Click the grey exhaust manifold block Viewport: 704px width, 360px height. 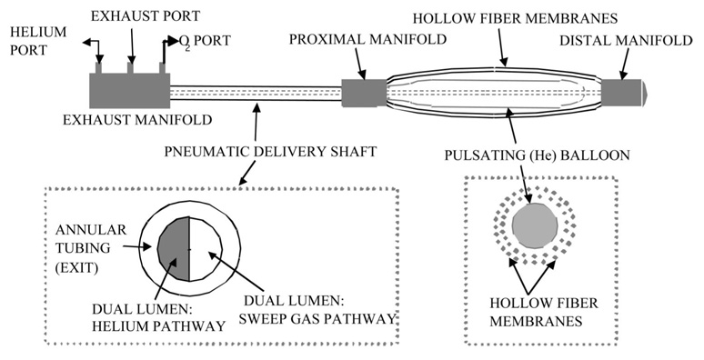pos(129,91)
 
